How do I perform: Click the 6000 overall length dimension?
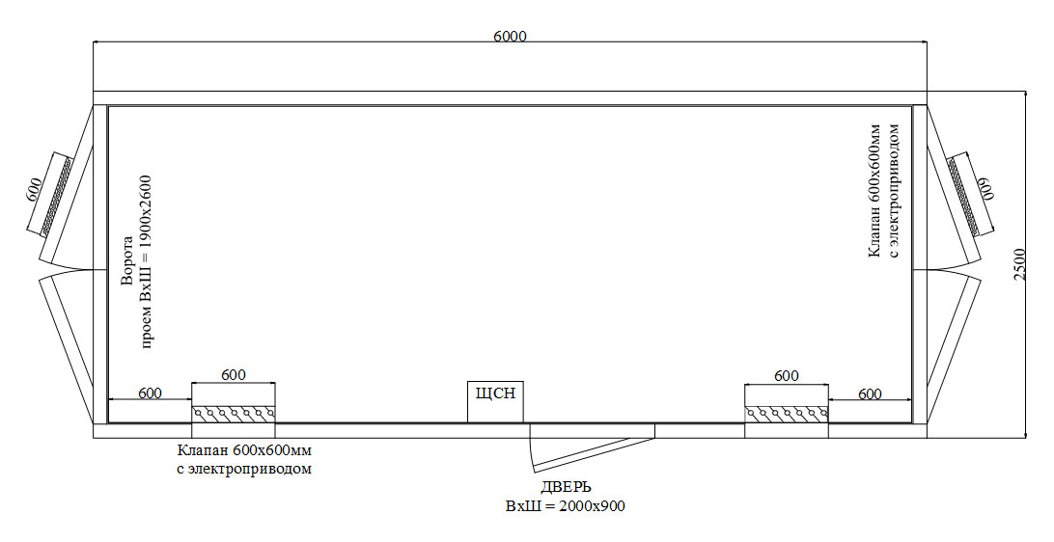510,37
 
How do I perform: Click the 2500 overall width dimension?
1020,264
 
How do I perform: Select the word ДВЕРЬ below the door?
566,486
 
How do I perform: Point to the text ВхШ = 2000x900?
565,505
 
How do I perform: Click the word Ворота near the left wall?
127,262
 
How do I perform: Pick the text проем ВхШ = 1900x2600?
148,262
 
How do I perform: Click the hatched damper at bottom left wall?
234,414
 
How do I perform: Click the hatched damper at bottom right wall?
787,414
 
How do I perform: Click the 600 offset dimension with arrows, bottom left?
150,393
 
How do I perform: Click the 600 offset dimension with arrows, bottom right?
870,393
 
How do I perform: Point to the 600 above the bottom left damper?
234,375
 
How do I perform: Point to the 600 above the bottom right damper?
787,375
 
